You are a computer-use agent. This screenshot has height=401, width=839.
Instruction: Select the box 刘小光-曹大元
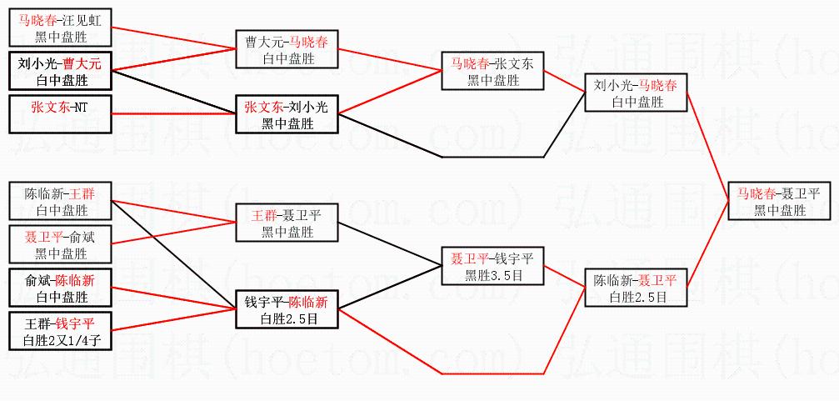click(61, 71)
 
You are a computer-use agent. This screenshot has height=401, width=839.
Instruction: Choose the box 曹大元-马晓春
click(287, 49)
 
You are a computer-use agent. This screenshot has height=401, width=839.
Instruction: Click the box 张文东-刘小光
click(287, 114)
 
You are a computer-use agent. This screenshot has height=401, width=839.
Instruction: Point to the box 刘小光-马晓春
click(636, 93)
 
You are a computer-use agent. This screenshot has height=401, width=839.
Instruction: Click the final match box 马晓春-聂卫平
click(779, 200)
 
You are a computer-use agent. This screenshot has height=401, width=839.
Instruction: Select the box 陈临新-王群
click(61, 201)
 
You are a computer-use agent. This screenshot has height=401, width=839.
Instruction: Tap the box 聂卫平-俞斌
click(61, 244)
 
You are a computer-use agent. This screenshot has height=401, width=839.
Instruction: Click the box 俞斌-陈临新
click(61, 288)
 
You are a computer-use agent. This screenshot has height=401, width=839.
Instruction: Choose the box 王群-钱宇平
click(61, 331)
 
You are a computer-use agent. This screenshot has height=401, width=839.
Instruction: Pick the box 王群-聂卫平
click(287, 223)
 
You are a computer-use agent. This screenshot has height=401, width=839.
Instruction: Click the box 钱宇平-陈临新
click(287, 309)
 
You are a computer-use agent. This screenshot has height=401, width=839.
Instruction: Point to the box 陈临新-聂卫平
click(637, 288)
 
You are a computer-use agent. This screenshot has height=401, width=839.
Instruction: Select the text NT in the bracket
click(82, 107)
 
